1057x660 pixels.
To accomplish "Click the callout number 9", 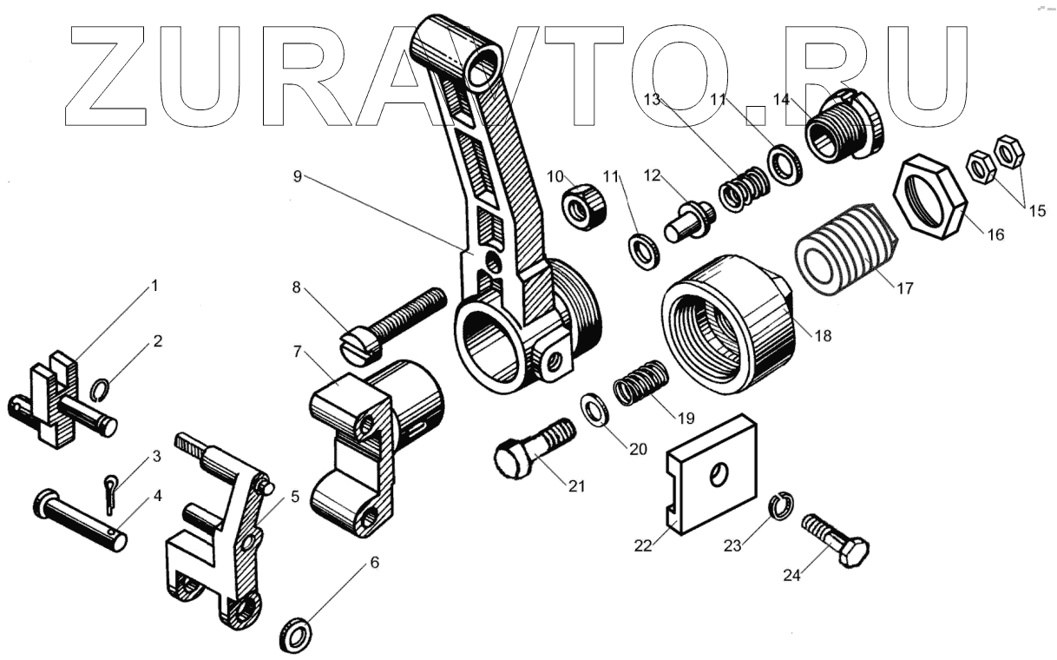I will [297, 176].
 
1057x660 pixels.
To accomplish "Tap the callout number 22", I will [643, 544].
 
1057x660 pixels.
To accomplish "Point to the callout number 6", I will [374, 562].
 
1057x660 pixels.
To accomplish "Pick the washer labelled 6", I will [298, 634].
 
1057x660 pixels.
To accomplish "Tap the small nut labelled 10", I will [581, 207].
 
